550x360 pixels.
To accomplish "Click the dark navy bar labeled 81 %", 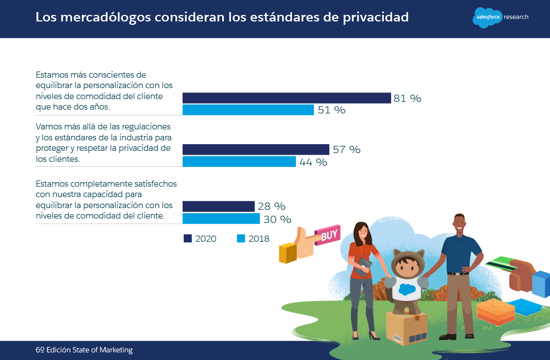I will (287, 98).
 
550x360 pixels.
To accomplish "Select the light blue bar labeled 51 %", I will (248, 110).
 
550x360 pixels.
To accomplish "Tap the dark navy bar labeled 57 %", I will (256, 149).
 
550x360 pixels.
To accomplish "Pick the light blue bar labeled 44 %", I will (239, 162).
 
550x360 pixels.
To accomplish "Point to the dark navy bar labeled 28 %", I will (218, 206).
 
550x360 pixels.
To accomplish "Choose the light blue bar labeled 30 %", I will (221, 219).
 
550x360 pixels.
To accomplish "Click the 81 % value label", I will (408, 99).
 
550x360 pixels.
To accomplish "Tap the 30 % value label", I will (278, 219).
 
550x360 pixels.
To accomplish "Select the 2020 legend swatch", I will (187, 238).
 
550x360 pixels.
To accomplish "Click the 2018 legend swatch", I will (240, 238).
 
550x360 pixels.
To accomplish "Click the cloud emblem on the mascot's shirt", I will (407, 288).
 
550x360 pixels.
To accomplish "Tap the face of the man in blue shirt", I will (460, 223).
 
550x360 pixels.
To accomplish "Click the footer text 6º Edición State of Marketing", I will (84, 350).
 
